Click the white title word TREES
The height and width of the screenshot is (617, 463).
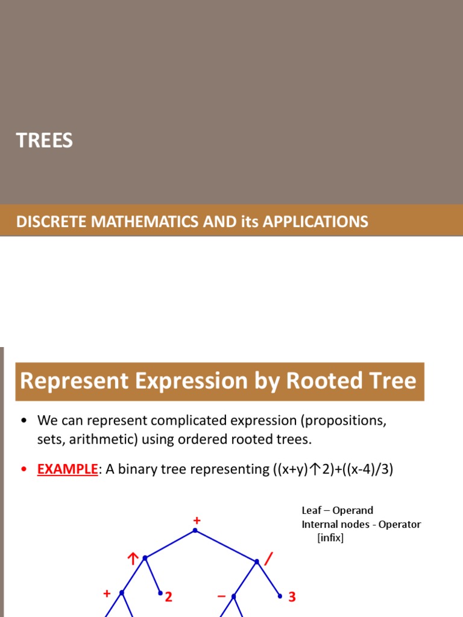click(x=44, y=140)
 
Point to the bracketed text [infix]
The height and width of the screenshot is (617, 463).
click(x=330, y=537)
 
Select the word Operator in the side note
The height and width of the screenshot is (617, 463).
click(x=400, y=524)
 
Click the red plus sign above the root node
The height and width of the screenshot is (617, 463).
click(x=196, y=520)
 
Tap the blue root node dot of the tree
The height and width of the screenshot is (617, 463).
click(x=195, y=530)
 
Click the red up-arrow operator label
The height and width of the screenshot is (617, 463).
click(x=133, y=560)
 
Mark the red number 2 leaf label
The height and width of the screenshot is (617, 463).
click(x=169, y=597)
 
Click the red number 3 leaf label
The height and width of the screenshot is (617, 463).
click(x=292, y=597)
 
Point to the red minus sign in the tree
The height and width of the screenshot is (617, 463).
click(x=221, y=597)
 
